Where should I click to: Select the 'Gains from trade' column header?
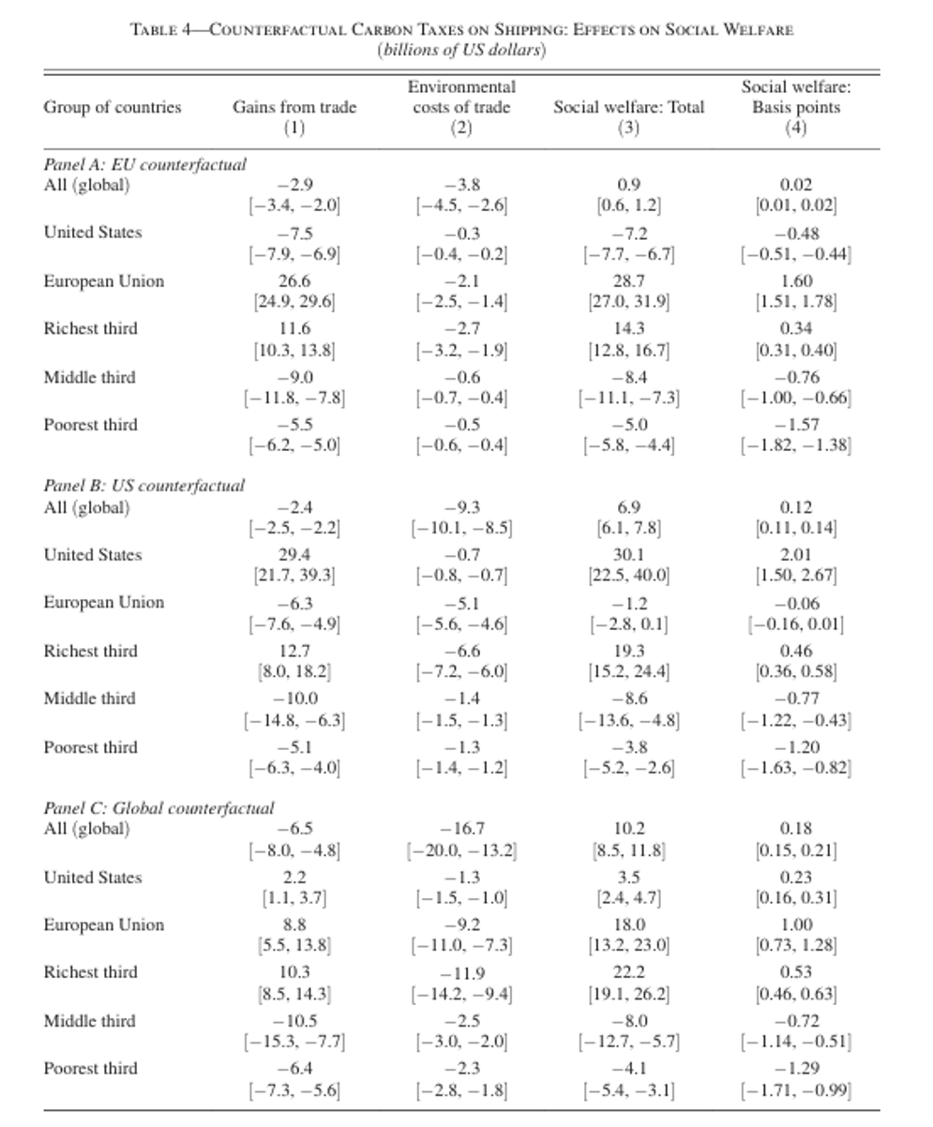[294, 107]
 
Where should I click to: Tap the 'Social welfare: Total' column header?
[628, 107]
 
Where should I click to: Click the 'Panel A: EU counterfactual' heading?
[144, 164]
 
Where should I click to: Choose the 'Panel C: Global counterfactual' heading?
[158, 807]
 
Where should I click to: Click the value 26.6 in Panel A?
[294, 281]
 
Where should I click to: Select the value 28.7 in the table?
[628, 281]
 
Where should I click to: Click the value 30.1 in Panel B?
[628, 555]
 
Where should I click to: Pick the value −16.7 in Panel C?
[461, 829]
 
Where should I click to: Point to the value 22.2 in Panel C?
[628, 972]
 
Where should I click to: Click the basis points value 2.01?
[795, 555]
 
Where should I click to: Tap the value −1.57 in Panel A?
[795, 425]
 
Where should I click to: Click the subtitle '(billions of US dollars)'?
[461, 50]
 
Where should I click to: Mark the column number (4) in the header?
[795, 128]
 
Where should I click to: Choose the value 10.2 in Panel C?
[628, 829]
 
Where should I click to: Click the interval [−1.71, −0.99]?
[795, 1089]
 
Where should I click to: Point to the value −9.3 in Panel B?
[461, 507]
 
